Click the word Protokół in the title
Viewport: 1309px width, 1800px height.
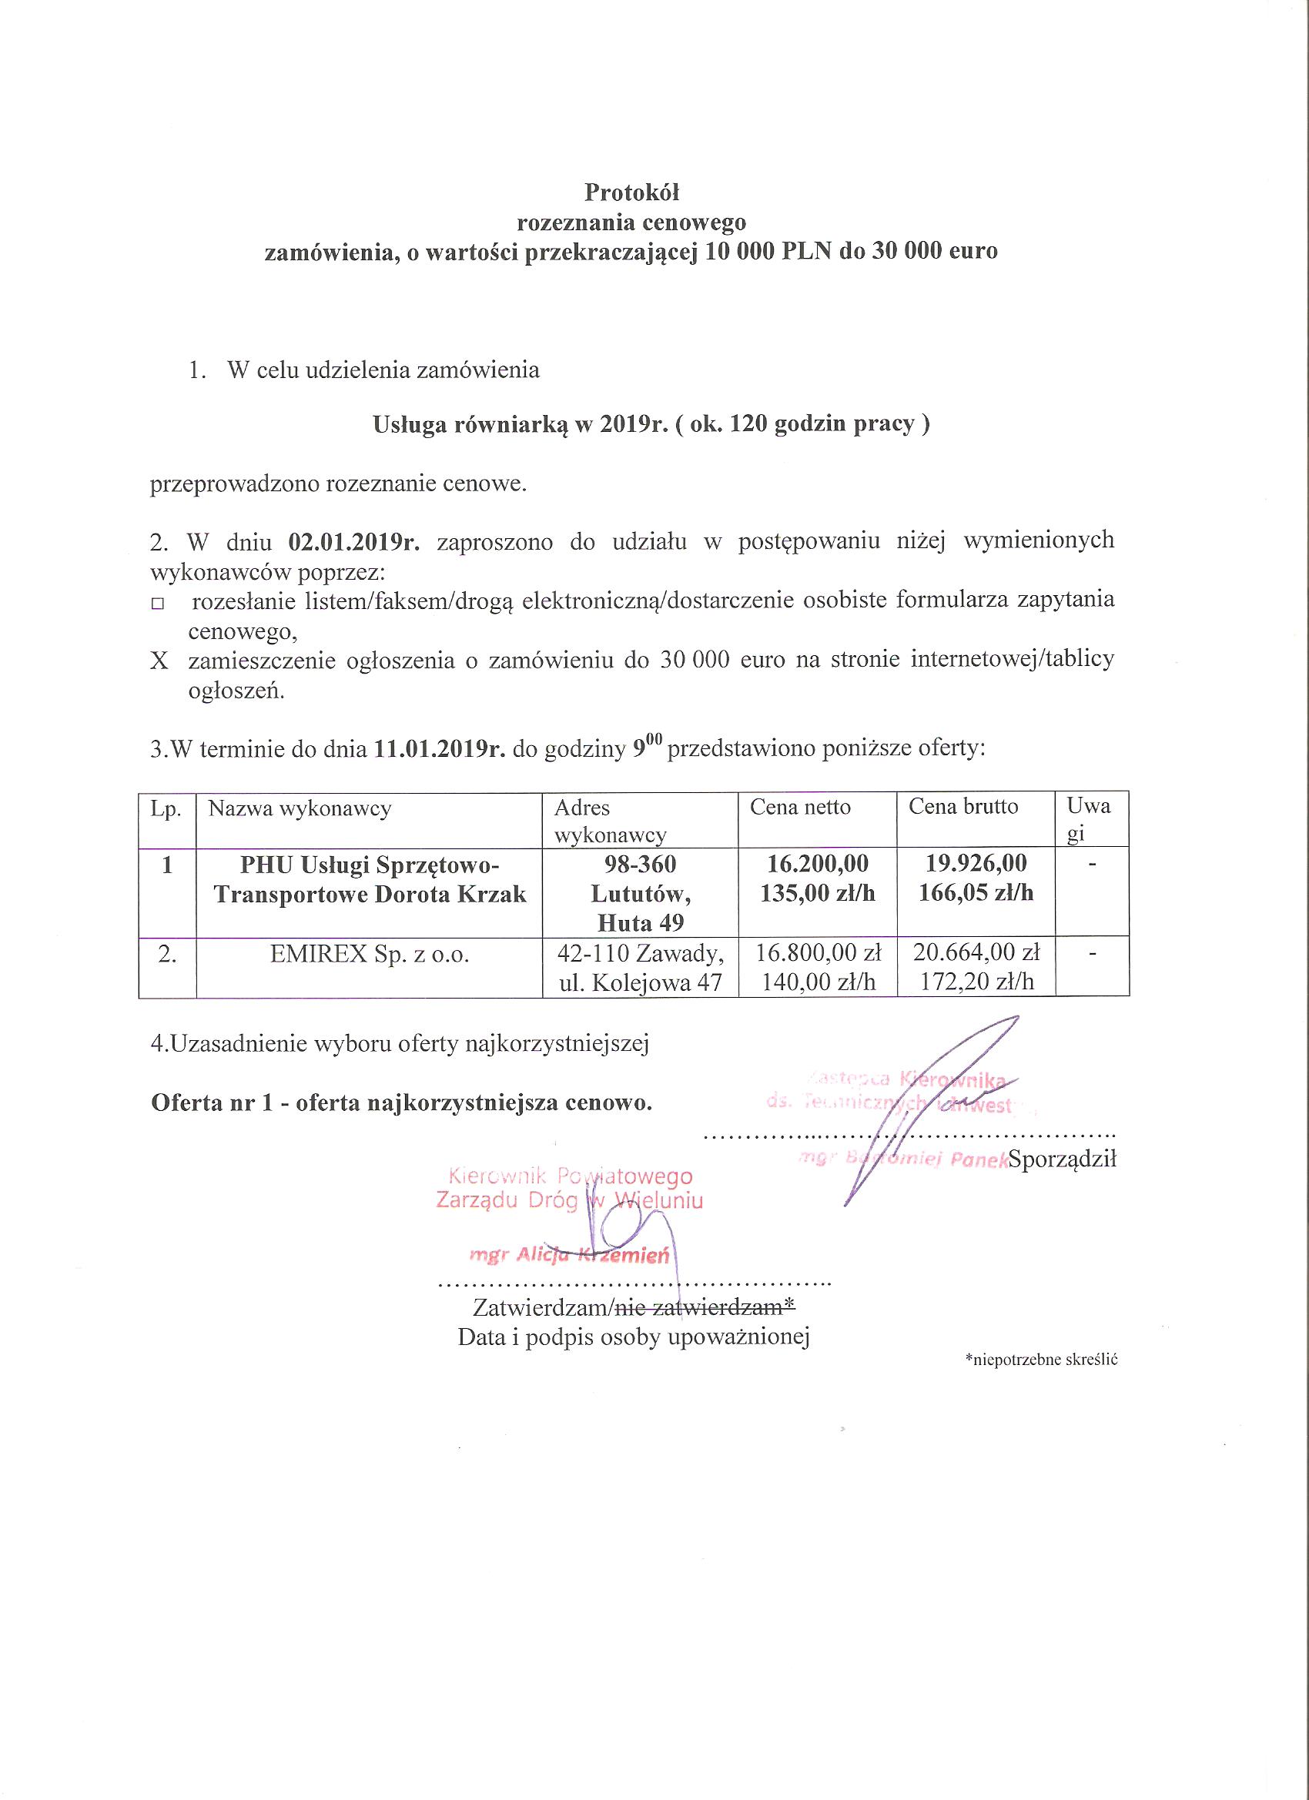[x=632, y=192]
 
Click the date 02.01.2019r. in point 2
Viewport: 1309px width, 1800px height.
[x=353, y=542]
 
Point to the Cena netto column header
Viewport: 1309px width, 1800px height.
[x=800, y=807]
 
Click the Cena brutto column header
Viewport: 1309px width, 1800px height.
[x=963, y=806]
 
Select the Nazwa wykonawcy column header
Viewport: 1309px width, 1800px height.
[x=300, y=808]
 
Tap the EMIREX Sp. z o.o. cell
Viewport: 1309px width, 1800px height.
[x=369, y=953]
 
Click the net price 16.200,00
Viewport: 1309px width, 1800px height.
[x=818, y=863]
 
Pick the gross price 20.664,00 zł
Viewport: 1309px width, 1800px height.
[x=976, y=952]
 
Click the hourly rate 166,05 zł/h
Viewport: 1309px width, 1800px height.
[x=976, y=893]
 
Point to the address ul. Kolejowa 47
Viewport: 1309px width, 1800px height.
[x=641, y=982]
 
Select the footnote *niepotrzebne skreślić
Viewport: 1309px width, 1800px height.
[x=1041, y=1360]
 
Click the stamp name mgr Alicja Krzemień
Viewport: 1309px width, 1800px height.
[x=569, y=1255]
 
